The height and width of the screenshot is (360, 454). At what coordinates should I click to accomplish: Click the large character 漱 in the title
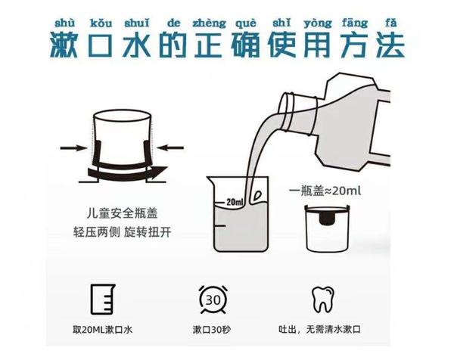click(67, 46)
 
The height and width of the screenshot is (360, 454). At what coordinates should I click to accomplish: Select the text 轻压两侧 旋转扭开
click(122, 230)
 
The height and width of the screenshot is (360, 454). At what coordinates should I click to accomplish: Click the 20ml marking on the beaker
click(234, 202)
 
